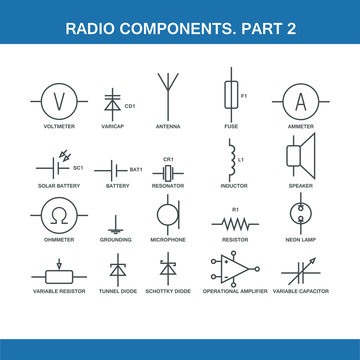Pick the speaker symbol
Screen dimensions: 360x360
[x=298, y=157]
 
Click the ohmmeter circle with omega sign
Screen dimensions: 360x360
[x=57, y=214]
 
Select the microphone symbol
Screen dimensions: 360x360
[x=167, y=214]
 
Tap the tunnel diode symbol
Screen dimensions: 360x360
[x=116, y=269]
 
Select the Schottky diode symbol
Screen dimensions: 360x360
[x=167, y=269]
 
